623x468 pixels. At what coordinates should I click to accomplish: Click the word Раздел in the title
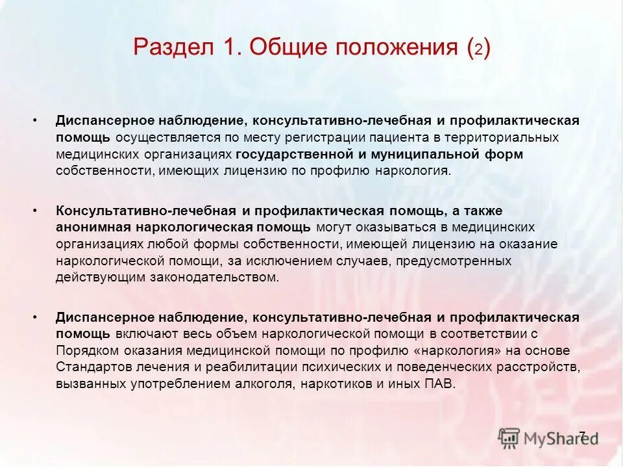[x=171, y=49]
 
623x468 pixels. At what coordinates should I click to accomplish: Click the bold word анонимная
[x=94, y=227]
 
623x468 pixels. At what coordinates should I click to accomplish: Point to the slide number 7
[x=581, y=435]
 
